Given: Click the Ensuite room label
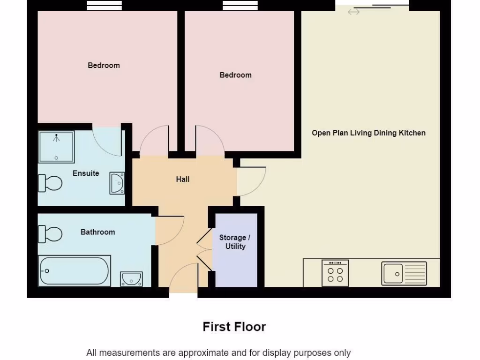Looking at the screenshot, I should (86, 173).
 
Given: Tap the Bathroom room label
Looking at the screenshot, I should (97, 232).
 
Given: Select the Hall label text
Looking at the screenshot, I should (183, 179).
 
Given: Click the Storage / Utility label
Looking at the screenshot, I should (235, 242).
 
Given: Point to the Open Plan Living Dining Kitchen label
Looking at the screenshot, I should (368, 133).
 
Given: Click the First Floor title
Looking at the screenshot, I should (234, 327).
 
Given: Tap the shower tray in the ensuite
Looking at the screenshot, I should (56, 146).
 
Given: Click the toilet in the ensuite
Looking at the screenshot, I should (50, 183).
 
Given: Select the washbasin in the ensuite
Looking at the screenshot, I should (117, 183).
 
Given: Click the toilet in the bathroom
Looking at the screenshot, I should (50, 233).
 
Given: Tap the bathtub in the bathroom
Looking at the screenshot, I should (75, 271).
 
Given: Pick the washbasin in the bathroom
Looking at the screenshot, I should (131, 278).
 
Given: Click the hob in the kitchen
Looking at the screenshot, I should (335, 273).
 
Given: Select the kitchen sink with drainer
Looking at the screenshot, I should (404, 273).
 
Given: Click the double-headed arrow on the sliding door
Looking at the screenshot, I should (354, 12).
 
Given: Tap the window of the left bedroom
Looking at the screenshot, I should (104, 5).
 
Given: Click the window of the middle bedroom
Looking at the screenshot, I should (240, 5).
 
